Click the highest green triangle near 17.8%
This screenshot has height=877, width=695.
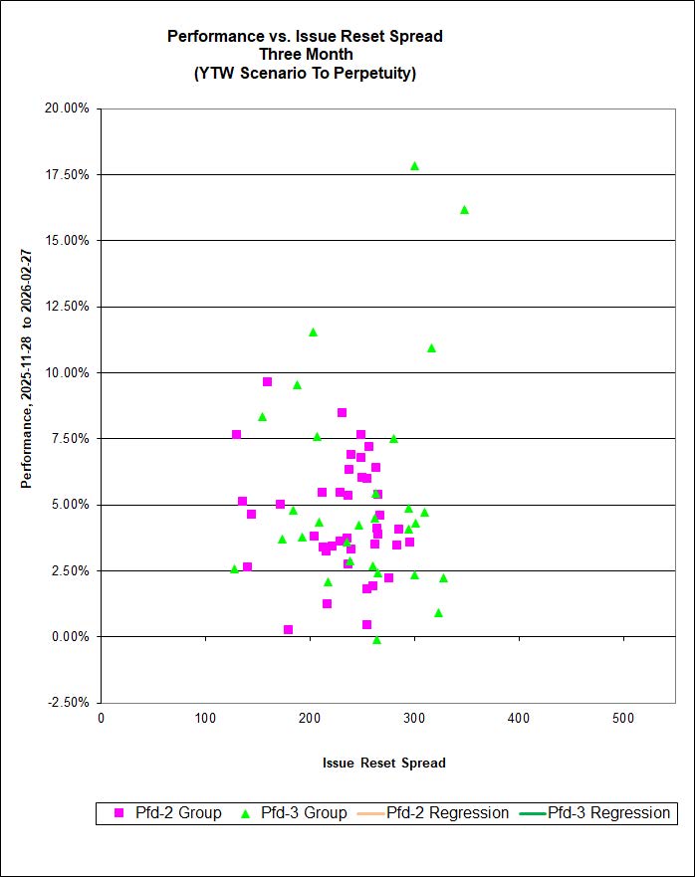(x=414, y=166)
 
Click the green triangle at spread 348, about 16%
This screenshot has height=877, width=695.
(x=464, y=210)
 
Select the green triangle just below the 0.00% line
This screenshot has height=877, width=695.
(x=376, y=640)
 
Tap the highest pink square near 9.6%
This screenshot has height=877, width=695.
(x=267, y=381)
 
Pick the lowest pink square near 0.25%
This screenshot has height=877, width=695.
(x=288, y=629)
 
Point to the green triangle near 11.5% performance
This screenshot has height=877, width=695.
(x=313, y=332)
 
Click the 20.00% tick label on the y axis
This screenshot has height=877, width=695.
(x=68, y=109)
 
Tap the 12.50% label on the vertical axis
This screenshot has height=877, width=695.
(x=68, y=307)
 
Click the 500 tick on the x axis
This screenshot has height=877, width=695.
(x=623, y=719)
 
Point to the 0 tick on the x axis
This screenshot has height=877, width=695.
(x=102, y=719)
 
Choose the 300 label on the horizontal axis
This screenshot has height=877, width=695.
(x=414, y=719)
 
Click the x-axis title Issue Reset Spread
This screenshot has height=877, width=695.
(x=383, y=764)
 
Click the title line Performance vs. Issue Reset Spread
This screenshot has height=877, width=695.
(x=305, y=37)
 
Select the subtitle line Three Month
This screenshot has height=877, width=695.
(x=305, y=55)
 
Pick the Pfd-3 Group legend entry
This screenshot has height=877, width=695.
(x=294, y=813)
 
